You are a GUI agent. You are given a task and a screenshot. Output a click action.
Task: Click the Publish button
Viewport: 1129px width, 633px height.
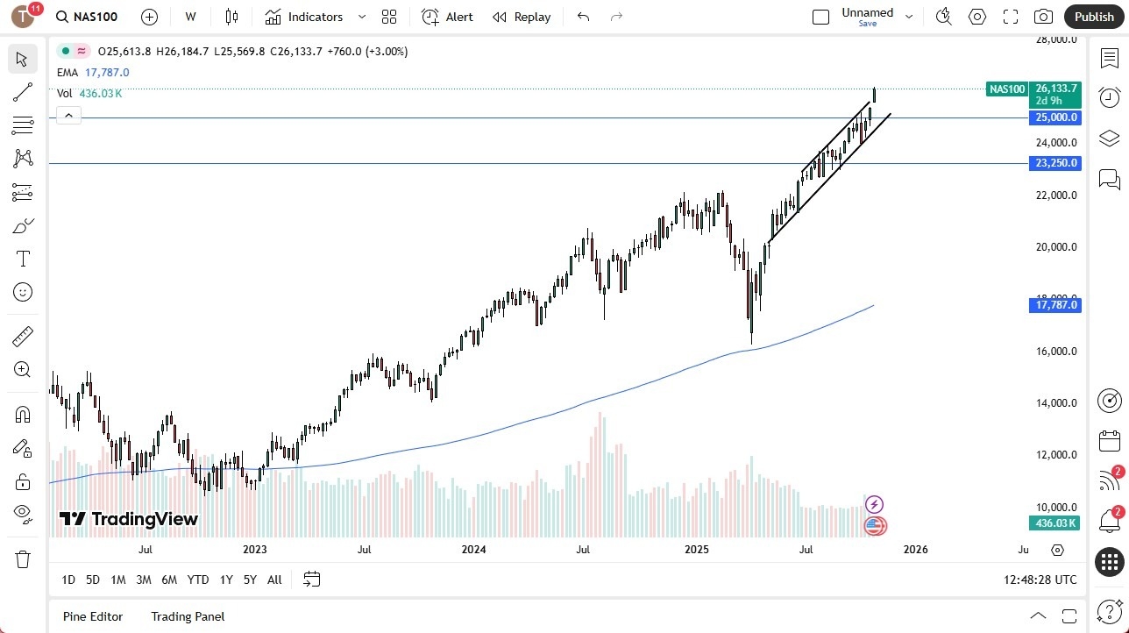click(x=1093, y=17)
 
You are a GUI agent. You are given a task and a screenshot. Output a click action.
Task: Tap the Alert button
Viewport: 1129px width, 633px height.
click(x=447, y=17)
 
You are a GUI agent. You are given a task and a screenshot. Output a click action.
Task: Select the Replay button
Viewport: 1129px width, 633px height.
click(x=522, y=17)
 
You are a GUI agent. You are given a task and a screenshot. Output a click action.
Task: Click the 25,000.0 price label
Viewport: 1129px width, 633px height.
click(x=1055, y=117)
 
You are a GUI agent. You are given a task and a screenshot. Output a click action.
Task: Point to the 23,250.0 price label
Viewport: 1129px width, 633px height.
click(x=1055, y=163)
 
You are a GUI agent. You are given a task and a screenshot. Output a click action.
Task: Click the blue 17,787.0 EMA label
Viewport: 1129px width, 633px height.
click(x=1055, y=305)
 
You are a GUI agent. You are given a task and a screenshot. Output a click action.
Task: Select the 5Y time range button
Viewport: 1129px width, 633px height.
click(x=250, y=580)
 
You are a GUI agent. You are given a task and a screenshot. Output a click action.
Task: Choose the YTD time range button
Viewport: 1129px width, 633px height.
click(x=198, y=580)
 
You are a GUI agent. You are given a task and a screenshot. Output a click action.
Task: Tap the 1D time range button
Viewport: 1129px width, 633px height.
click(x=68, y=580)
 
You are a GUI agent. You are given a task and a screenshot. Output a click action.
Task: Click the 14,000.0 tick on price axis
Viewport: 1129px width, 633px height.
click(x=1055, y=403)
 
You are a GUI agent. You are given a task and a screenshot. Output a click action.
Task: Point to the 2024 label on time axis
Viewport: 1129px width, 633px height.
click(x=473, y=550)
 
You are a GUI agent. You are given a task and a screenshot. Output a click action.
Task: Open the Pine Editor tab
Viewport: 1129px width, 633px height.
click(x=93, y=616)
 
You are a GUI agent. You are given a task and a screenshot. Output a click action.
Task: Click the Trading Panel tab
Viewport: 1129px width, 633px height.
click(x=188, y=616)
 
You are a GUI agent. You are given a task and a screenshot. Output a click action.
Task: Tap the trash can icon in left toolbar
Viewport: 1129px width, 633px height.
click(x=23, y=559)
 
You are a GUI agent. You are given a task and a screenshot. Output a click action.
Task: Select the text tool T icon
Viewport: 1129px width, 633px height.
click(x=23, y=259)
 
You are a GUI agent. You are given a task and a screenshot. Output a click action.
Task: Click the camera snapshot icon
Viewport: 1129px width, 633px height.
click(x=1043, y=17)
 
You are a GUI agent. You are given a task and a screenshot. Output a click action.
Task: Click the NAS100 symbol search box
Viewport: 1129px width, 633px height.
click(x=88, y=17)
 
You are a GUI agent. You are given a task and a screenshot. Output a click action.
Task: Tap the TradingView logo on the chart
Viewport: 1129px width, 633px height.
click(x=129, y=519)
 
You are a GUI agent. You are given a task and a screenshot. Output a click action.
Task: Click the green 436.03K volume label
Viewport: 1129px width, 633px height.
click(x=1054, y=523)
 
